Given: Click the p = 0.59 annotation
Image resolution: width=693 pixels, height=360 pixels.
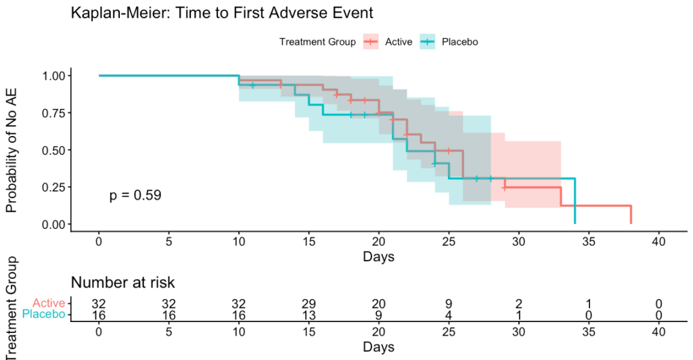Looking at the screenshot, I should pyautogui.click(x=135, y=196).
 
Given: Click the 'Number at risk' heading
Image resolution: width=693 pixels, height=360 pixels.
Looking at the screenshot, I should pyautogui.click(x=123, y=283).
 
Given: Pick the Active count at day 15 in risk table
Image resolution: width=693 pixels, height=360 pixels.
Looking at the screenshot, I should pyautogui.click(x=309, y=304).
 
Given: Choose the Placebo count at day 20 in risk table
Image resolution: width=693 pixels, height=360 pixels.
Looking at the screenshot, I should pyautogui.click(x=378, y=315).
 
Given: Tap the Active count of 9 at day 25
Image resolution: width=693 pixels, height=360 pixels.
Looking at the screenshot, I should pyautogui.click(x=448, y=304).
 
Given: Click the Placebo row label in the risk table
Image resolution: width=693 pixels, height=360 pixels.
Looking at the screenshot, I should pyautogui.click(x=44, y=315).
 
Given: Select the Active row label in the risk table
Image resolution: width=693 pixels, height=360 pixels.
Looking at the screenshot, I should pyautogui.click(x=48, y=304).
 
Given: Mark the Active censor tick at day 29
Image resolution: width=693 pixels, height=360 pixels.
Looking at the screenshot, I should pyautogui.click(x=504, y=187).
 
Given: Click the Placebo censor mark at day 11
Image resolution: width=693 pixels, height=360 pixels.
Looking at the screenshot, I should pyautogui.click(x=253, y=85).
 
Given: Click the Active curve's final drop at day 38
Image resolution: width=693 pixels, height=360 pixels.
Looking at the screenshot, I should pyautogui.click(x=631, y=214).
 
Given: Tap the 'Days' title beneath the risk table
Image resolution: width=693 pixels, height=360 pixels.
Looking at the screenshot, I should pyautogui.click(x=378, y=347).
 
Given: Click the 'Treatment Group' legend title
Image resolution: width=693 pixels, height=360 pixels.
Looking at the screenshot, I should pyautogui.click(x=317, y=42).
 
